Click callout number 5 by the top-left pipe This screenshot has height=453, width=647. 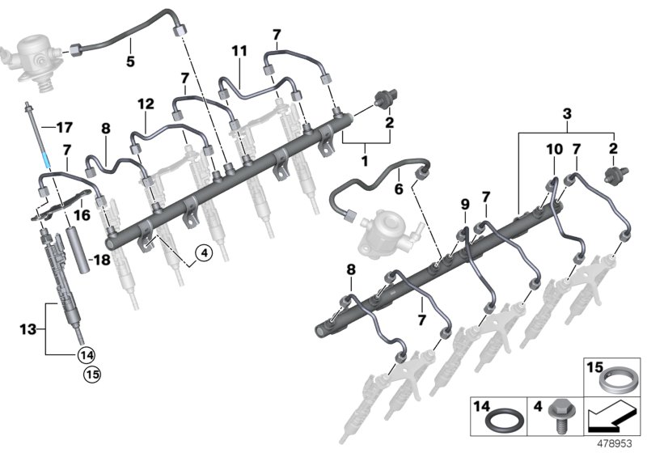tap(129, 61)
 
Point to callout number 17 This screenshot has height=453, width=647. tap(64, 127)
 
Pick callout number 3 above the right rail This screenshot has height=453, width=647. tap(567, 111)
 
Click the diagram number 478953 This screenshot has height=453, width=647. tap(618, 444)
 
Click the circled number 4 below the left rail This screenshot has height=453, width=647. tap(203, 253)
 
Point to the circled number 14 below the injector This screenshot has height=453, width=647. tap(86, 354)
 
